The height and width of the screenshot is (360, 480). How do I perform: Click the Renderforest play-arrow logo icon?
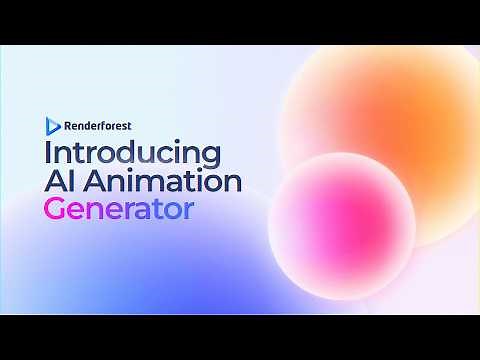coord(52,126)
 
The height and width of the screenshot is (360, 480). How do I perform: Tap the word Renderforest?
coord(99,126)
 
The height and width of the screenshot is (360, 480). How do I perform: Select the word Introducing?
coord(131,155)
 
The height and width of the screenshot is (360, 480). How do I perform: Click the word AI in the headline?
coord(59,183)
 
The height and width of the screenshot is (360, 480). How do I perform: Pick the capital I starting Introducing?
coord(46,155)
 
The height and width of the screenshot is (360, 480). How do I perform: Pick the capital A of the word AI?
coord(54,183)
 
